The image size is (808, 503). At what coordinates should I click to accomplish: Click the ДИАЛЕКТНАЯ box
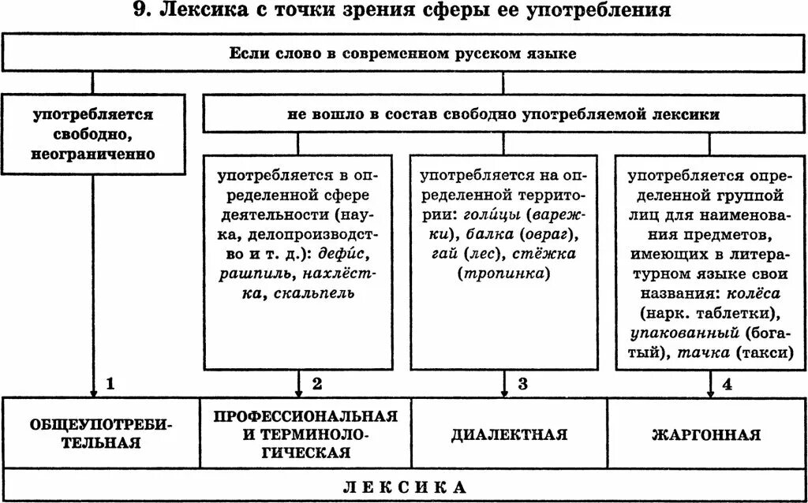pyautogui.click(x=509, y=434)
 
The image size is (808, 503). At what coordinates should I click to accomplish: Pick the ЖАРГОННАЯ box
pyautogui.click(x=706, y=434)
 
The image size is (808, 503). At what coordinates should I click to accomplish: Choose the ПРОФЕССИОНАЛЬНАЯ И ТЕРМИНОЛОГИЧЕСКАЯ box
pyautogui.click(x=305, y=434)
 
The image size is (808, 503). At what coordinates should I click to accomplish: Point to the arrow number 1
pyautogui.click(x=110, y=385)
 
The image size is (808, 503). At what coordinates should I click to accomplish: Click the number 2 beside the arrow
pyautogui.click(x=316, y=385)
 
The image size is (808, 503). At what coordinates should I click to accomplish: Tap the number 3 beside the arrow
pyautogui.click(x=522, y=385)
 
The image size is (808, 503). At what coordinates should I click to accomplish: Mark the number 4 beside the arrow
pyautogui.click(x=727, y=385)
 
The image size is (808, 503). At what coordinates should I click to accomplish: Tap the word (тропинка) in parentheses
pyautogui.click(x=504, y=274)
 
